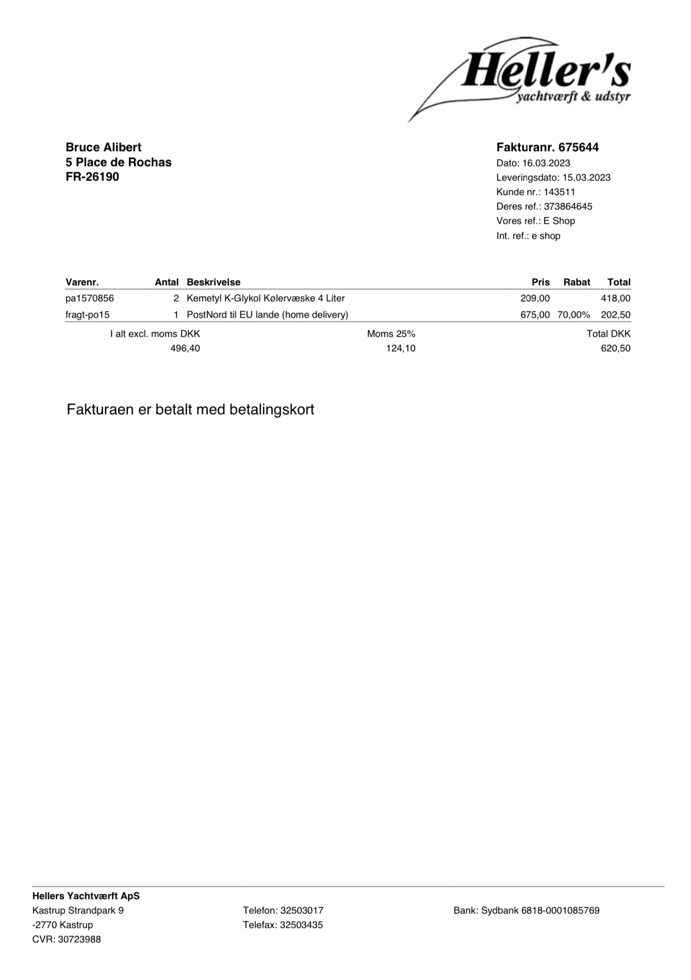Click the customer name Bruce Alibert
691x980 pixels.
coord(103,148)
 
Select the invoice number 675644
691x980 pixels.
coord(579,148)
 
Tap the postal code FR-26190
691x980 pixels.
coord(92,177)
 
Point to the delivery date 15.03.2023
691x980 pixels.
coord(586,178)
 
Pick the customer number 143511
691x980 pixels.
coord(560,192)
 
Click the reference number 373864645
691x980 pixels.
coord(568,207)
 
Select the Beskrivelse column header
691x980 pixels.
coord(213,283)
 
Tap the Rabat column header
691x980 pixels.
coord(577,283)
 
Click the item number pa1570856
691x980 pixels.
coord(90,299)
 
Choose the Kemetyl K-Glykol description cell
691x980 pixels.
coord(266,299)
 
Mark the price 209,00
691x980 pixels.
coord(535,299)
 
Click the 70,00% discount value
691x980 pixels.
coord(573,315)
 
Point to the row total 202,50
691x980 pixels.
coord(616,315)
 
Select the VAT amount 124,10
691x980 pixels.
coord(401,349)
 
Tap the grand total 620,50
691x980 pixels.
coord(616,349)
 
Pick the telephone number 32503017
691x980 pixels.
coord(302,910)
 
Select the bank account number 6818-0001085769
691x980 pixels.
coord(560,910)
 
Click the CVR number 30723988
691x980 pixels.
coord(79,939)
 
